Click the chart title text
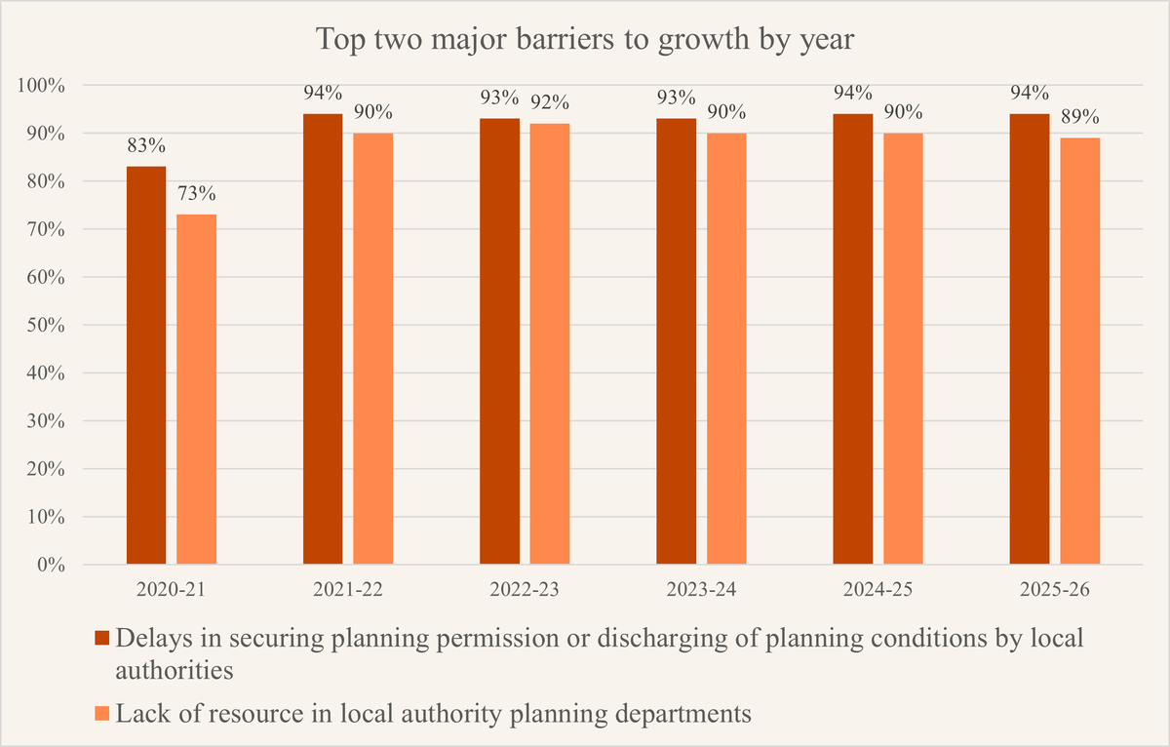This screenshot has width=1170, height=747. coord(585,42)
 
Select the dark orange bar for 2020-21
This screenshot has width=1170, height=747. coord(146,365)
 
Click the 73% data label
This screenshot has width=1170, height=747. coord(197,194)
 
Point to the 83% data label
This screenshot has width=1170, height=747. coord(146,146)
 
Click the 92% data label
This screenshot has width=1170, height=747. coord(550,103)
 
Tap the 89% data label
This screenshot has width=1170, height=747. coord(1079,117)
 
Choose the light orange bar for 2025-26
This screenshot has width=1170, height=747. coord(1080,350)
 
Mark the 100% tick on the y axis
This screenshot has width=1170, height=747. coord(41,85)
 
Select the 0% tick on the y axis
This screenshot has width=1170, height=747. coord(49,565)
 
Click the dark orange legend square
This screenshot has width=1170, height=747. coord(100,639)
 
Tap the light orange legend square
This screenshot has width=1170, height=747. coord(100,714)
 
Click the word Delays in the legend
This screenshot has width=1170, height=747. coord(148,638)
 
